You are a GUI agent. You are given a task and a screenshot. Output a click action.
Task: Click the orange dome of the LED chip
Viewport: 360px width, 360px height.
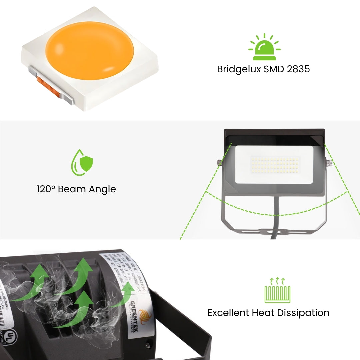click(89, 51)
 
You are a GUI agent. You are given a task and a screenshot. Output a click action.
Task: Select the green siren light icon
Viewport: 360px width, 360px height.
click(264, 48)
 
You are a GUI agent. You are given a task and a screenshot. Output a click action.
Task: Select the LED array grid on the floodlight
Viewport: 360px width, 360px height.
click(275, 165)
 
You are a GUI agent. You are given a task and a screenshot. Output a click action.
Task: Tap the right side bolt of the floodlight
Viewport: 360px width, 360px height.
click(329, 163)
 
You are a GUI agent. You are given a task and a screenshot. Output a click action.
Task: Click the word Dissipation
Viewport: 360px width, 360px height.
click(301, 313)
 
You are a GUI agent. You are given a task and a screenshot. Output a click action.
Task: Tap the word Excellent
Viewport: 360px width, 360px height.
click(228, 313)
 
